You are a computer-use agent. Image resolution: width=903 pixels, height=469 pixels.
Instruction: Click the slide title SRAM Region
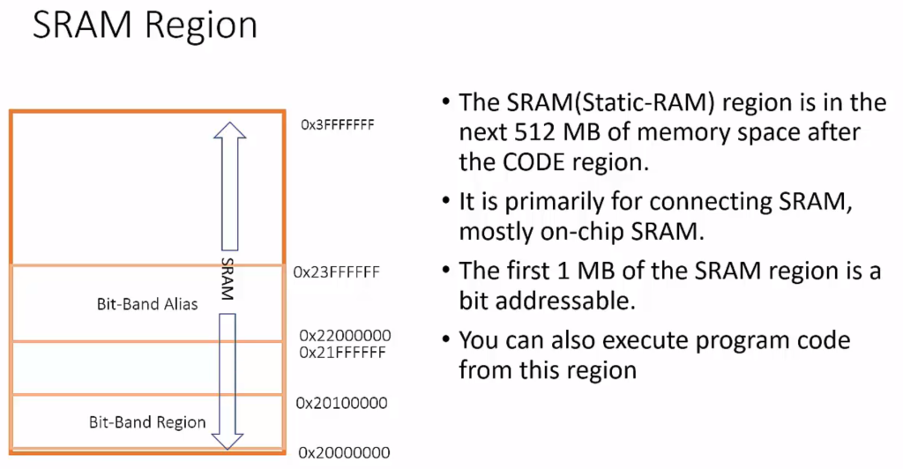click(145, 26)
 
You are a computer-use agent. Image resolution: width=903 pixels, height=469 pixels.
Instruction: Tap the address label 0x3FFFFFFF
click(338, 125)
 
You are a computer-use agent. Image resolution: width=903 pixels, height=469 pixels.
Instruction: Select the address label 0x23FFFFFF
click(336, 272)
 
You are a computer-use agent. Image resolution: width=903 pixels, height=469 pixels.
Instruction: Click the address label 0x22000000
click(344, 336)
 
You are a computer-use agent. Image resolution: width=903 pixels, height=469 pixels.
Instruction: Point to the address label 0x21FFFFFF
click(342, 353)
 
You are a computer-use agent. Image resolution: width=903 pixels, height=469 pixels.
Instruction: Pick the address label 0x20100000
click(342, 403)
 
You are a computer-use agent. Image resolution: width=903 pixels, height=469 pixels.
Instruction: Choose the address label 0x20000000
click(344, 452)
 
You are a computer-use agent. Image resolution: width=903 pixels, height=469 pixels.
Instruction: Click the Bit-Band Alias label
click(147, 304)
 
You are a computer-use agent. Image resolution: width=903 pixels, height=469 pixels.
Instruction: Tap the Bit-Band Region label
click(147, 421)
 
